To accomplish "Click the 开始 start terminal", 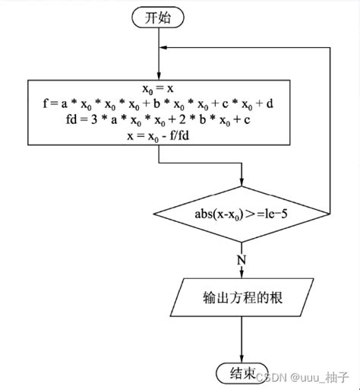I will [159, 19].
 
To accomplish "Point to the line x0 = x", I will [159, 88].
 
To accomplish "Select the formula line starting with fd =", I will [159, 119].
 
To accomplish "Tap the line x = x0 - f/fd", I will [159, 135].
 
